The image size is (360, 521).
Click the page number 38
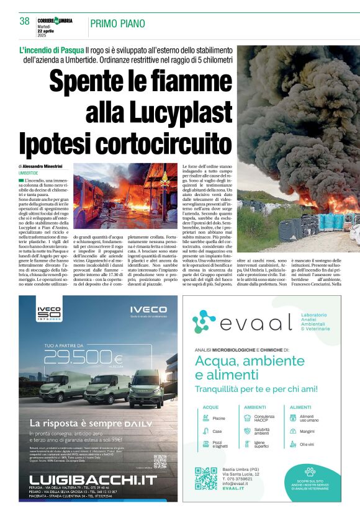[25, 21]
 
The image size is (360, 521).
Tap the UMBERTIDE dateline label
[28, 173]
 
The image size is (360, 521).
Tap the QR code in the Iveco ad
[160, 461]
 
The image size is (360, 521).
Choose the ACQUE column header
[211, 407]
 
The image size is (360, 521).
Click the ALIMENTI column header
[301, 407]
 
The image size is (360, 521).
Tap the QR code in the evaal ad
[206, 478]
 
